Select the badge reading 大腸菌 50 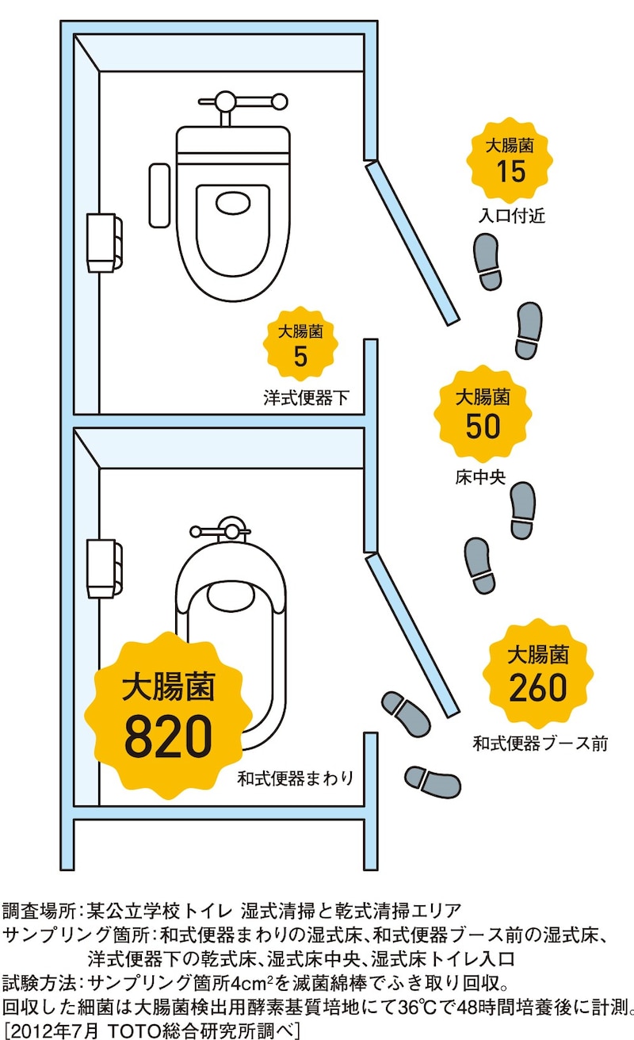tap(483, 415)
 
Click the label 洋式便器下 tap(306, 397)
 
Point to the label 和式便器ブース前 tap(540, 744)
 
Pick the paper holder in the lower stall tap(104, 568)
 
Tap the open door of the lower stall tap(412, 633)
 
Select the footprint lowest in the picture tap(433, 781)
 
